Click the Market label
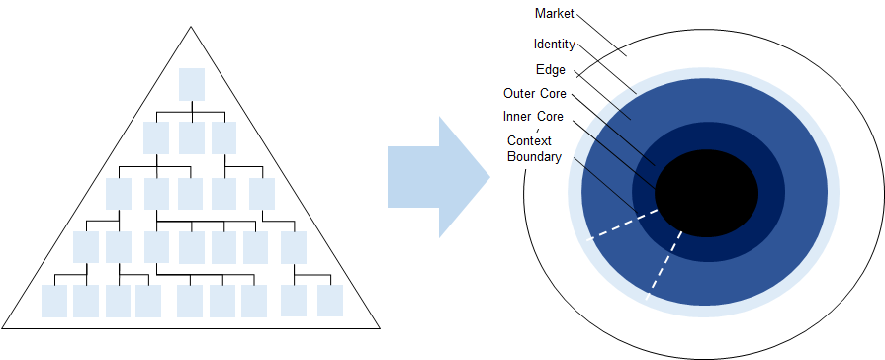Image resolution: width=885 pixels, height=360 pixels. (x=555, y=13)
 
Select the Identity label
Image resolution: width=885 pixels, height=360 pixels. (x=554, y=45)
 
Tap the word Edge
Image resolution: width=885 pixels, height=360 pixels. (x=550, y=70)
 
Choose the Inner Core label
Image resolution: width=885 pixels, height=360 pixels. (x=533, y=117)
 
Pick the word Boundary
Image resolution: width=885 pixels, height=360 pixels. (x=533, y=156)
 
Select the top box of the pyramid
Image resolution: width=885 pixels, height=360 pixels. (x=192, y=84)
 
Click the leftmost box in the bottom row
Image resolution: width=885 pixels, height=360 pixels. (x=55, y=301)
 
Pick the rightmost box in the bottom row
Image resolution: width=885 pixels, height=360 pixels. (x=329, y=301)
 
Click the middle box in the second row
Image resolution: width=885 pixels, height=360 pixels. (x=192, y=137)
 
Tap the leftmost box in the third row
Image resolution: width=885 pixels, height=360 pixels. (x=119, y=193)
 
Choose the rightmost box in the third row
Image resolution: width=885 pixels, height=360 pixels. (x=262, y=193)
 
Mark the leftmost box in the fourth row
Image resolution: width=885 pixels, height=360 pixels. (x=86, y=246)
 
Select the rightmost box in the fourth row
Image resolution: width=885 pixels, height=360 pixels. (x=294, y=246)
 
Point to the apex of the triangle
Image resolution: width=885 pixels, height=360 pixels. (x=190, y=26)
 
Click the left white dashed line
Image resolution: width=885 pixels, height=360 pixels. (x=621, y=225)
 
